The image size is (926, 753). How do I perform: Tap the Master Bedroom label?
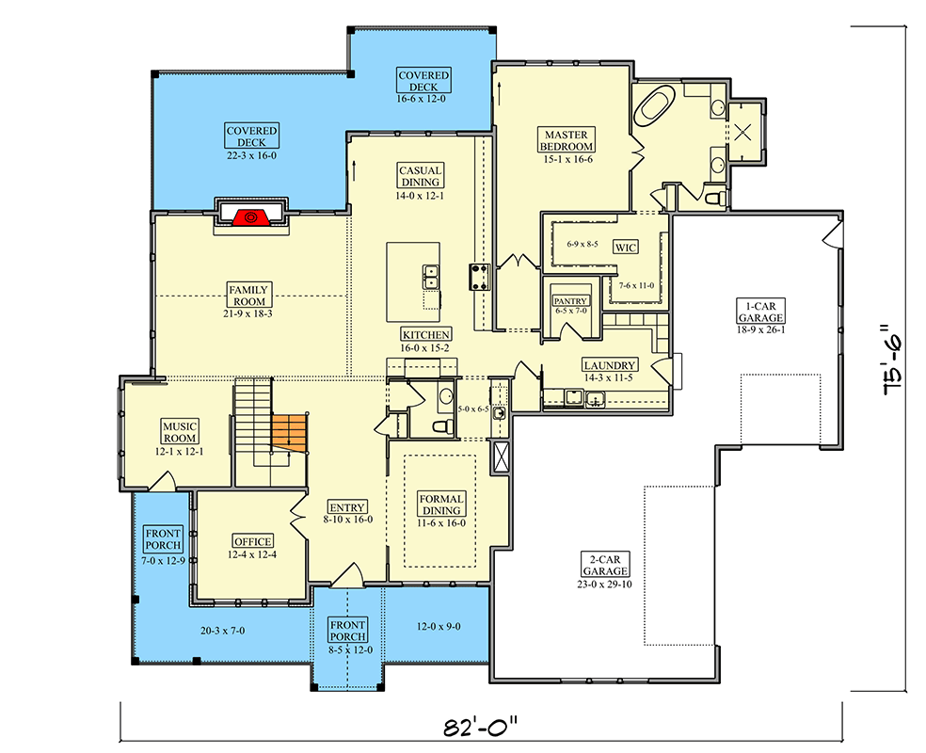[567, 140]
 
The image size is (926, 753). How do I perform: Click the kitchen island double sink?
[431, 277]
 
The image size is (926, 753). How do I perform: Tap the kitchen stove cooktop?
[477, 277]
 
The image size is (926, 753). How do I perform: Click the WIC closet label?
[625, 248]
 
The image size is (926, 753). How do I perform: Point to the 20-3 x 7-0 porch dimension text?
[222, 630]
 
